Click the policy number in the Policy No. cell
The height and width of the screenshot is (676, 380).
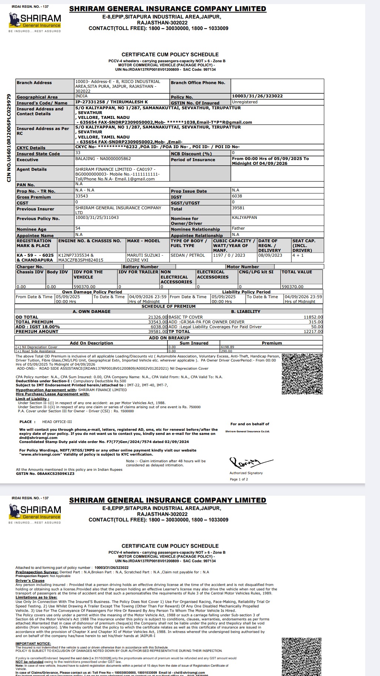coord(257,96)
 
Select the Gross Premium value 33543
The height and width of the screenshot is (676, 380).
coord(81,196)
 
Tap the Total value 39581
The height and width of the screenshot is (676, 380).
coord(238,208)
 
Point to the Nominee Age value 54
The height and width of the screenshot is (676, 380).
coord(78,229)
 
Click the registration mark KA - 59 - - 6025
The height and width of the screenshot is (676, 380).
coord(35,255)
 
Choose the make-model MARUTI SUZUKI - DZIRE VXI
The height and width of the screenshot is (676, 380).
coord(145,257)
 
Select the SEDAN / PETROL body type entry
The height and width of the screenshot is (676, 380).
coord(188,255)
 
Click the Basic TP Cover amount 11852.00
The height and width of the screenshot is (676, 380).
coord(313,317)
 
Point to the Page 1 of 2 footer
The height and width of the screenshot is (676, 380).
coord(239,479)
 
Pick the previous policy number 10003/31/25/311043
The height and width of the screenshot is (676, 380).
coord(97,217)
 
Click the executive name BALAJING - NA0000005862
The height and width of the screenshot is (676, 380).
coord(103,159)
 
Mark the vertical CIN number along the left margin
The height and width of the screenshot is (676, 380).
coord(9,138)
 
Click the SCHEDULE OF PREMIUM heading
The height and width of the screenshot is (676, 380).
coord(169,306)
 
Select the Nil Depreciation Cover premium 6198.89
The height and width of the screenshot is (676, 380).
coord(227,347)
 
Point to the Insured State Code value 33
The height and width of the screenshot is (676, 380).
coord(78,153)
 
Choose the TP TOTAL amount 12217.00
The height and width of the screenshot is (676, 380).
coord(313,332)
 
